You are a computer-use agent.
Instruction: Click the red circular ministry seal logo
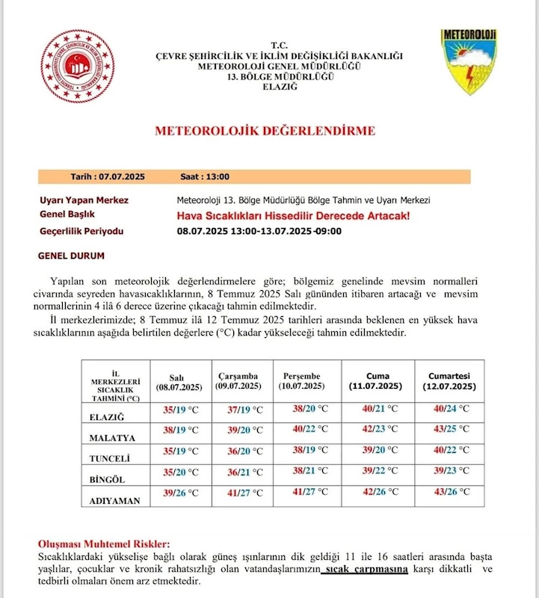[x=77, y=66]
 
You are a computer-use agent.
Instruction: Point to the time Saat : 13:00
[x=205, y=177]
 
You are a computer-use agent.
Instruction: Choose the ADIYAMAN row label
[x=115, y=501]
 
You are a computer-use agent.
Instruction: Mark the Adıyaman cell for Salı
[x=181, y=493]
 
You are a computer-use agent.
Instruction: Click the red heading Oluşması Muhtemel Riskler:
[x=104, y=544]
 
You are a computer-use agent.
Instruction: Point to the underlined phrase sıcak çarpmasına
[x=366, y=570]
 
